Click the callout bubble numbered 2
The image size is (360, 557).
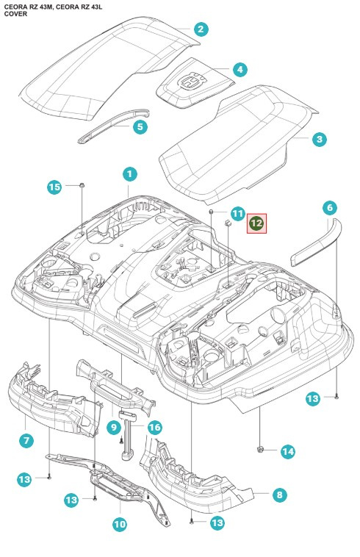pyautogui.click(x=200, y=29)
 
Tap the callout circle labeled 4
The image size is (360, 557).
pyautogui.click(x=239, y=70)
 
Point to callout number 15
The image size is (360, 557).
pyautogui.click(x=55, y=187)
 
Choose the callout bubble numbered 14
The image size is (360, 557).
pyautogui.click(x=287, y=450)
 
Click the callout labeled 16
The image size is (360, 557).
pyautogui.click(x=154, y=427)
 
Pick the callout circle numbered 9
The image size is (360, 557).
pyautogui.click(x=114, y=427)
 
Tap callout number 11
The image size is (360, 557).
pyautogui.click(x=237, y=214)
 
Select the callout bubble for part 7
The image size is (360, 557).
pyautogui.click(x=26, y=440)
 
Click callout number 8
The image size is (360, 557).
pyautogui.click(x=279, y=495)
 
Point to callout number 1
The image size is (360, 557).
pyautogui.click(x=129, y=174)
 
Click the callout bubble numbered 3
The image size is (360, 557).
pyautogui.click(x=318, y=138)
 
